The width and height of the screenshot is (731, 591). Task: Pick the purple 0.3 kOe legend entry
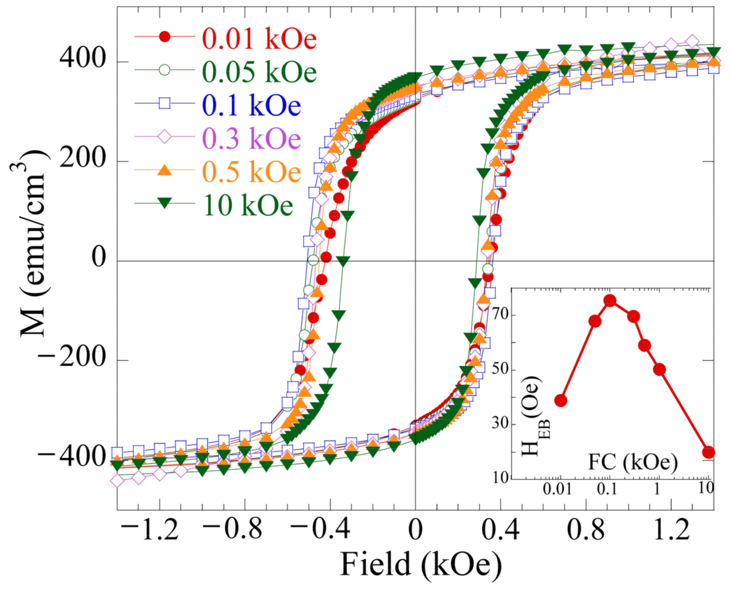coord(251,138)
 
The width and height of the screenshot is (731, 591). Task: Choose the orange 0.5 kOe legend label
coord(251,171)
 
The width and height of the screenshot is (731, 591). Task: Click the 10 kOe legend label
coord(248,205)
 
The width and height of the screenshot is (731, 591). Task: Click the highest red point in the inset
coord(610,300)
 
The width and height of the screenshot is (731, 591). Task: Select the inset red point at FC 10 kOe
coord(708,452)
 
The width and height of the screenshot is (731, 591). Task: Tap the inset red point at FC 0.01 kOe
coord(561,401)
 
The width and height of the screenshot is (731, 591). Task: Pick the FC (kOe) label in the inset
coord(632,463)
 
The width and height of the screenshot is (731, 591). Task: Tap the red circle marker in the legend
coord(164,37)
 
